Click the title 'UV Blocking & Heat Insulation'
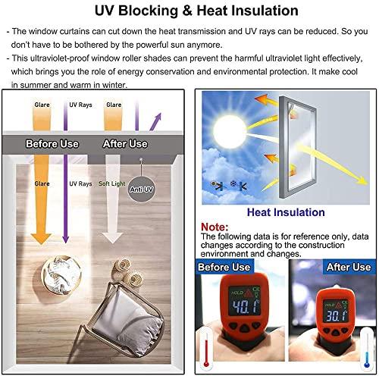[x=190, y=11]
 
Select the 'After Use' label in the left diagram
[x=125, y=143]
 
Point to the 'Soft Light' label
[x=111, y=184]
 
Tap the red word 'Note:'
[x=215, y=227]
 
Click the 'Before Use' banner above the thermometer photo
[x=224, y=268]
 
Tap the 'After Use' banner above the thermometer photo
[x=348, y=268]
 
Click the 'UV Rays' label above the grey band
[x=80, y=105]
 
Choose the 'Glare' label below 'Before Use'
[x=42, y=184]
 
